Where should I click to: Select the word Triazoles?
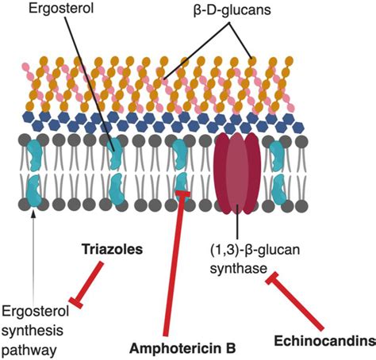(113, 248)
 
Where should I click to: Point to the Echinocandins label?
(324, 341)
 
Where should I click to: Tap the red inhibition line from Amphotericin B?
(173, 262)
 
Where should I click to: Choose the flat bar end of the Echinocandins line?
(272, 279)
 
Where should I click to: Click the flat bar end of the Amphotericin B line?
(183, 193)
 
